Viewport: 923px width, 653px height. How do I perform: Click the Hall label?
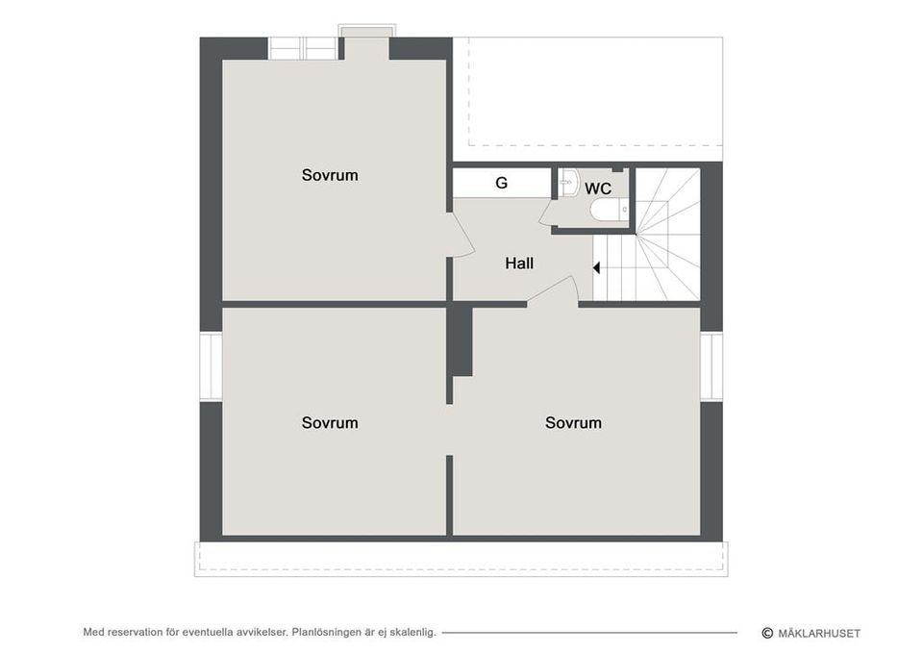(519, 264)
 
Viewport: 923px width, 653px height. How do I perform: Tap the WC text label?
(597, 189)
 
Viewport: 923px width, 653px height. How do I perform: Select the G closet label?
(502, 183)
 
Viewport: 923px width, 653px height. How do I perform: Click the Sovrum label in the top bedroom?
(330, 175)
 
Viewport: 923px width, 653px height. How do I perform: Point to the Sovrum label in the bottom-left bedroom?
(330, 423)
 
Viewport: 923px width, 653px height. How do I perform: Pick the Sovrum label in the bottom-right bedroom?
(573, 423)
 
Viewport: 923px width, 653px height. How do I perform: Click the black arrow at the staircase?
(596, 268)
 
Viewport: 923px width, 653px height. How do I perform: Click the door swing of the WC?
(547, 213)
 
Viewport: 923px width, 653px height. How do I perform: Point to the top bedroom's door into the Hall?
(462, 235)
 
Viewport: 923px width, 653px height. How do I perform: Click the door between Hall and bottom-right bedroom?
(554, 290)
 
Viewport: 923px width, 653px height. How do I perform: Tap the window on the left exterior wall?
(211, 365)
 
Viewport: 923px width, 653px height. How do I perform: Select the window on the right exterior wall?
(711, 365)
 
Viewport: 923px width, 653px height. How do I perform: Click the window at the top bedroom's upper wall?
(303, 48)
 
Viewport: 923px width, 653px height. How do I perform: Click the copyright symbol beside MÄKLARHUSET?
(767, 633)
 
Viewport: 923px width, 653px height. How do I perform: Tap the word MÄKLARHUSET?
(819, 634)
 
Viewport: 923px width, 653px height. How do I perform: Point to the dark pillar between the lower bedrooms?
(462, 340)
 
